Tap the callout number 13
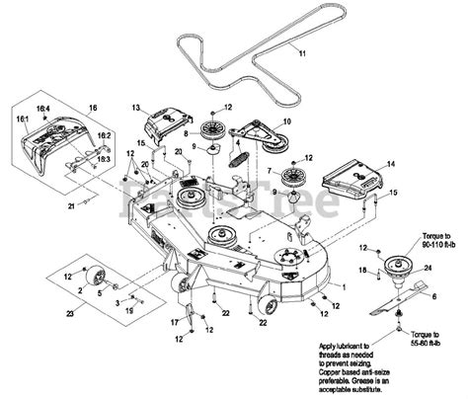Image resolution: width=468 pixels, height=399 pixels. (x=136, y=106)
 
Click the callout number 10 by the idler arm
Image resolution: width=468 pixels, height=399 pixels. (x=287, y=121)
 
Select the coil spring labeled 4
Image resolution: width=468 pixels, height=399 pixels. (x=236, y=152)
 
